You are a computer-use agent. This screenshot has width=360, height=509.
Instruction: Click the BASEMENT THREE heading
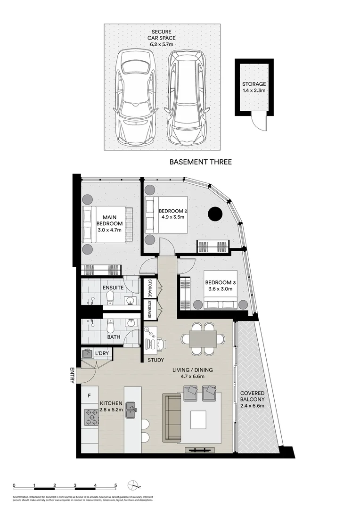pyautogui.click(x=200, y=162)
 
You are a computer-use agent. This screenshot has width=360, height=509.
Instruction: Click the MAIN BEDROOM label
pyautogui.click(x=109, y=223)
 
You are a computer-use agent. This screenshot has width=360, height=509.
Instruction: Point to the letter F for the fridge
pyautogui.click(x=88, y=395)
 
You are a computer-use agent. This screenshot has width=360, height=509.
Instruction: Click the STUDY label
pyautogui.click(x=156, y=360)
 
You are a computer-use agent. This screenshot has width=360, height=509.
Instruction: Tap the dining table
pyautogui.click(x=203, y=338)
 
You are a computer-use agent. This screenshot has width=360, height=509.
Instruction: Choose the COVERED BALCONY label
pyautogui.click(x=252, y=399)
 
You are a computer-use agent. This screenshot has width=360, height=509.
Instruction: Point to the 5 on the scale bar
pyautogui.click(x=115, y=485)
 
